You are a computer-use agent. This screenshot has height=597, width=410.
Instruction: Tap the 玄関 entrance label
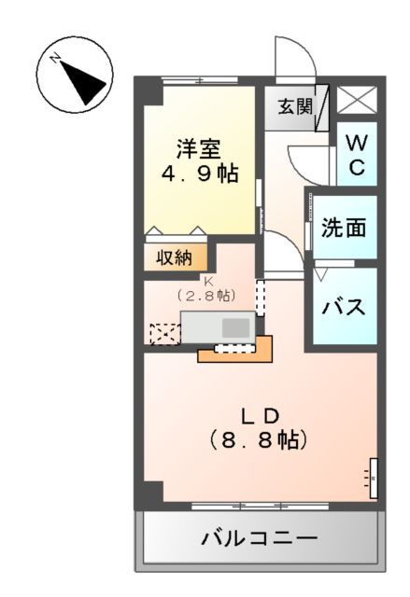[x=294, y=105]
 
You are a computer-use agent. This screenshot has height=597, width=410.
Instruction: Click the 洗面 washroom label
[x=344, y=227]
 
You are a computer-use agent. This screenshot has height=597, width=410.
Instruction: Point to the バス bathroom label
[x=344, y=306]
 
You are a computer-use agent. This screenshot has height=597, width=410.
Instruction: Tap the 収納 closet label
[x=175, y=257]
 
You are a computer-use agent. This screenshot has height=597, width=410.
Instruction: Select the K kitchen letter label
[x=207, y=278]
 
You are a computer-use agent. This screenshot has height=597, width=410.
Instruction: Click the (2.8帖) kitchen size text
[x=206, y=295]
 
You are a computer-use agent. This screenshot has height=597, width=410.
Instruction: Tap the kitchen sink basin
[x=236, y=327]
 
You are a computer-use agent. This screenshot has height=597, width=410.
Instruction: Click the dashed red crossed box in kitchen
[x=163, y=333]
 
